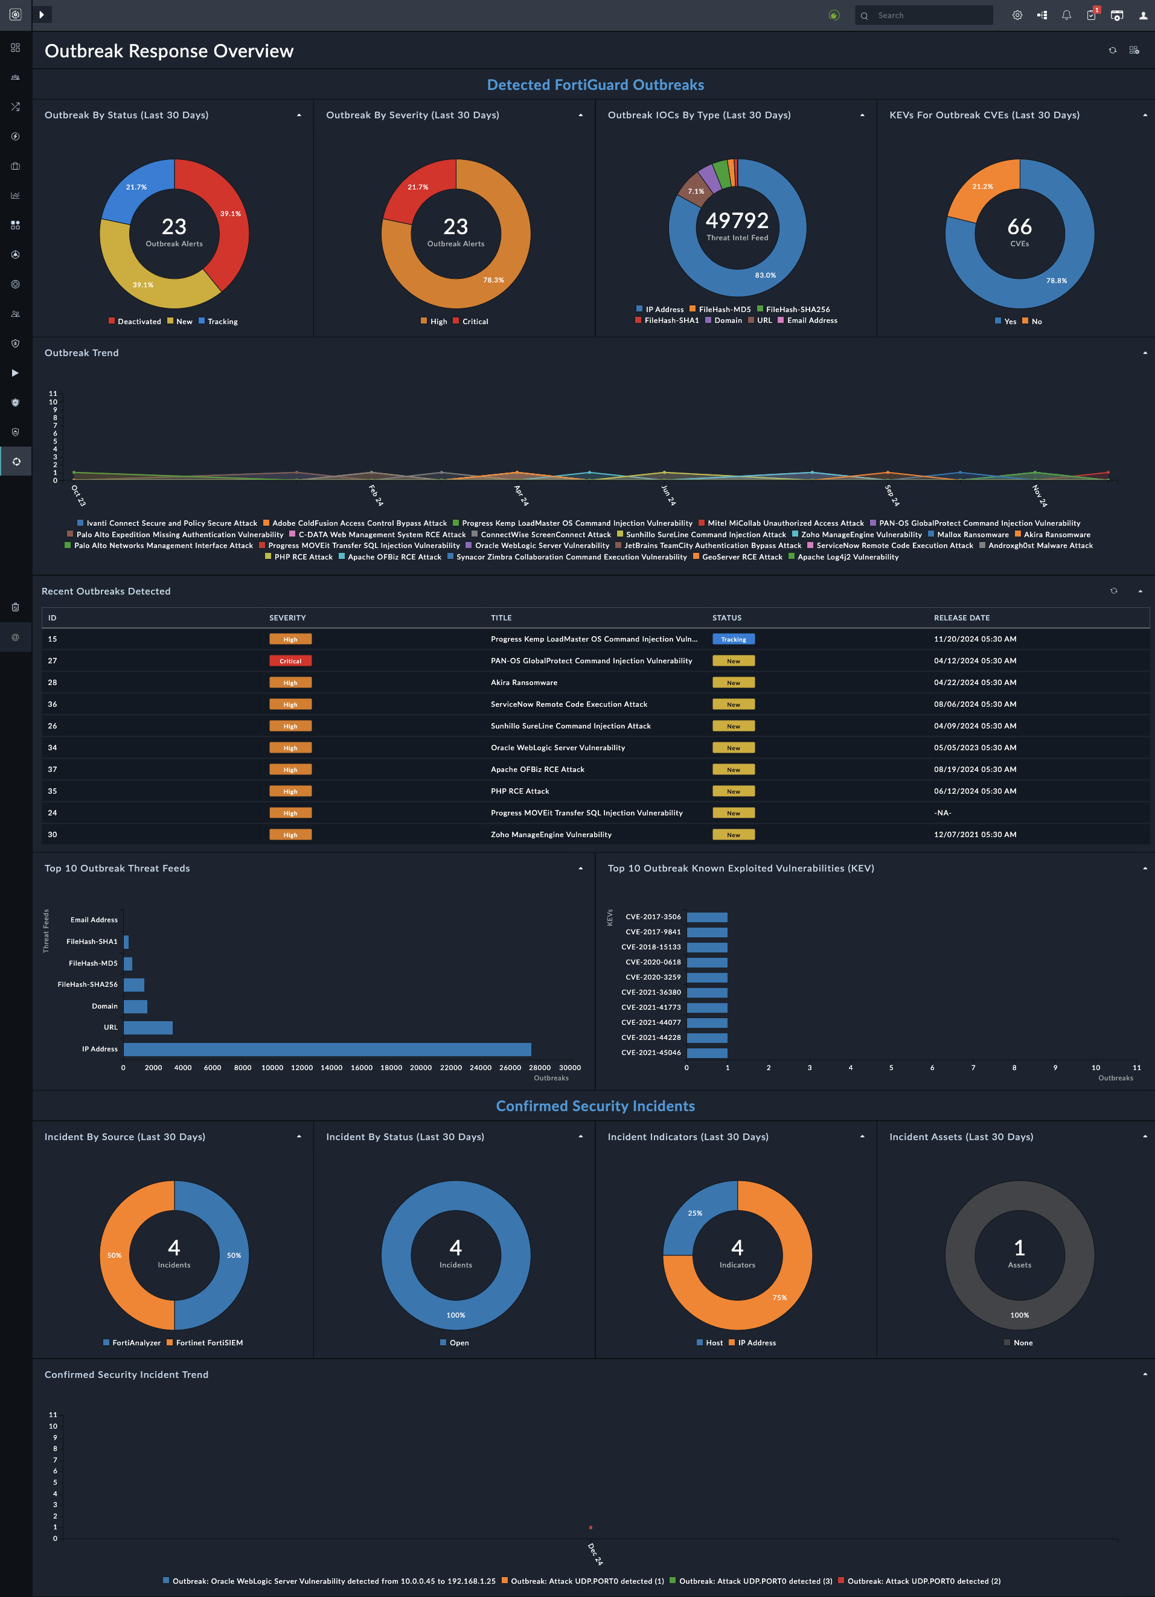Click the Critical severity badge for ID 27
(x=290, y=660)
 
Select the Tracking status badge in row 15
(x=733, y=639)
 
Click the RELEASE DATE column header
(x=961, y=617)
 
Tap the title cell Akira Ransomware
(x=523, y=682)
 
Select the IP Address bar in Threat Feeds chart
(x=327, y=1049)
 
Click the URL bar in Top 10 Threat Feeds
(x=148, y=1027)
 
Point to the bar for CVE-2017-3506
(x=706, y=917)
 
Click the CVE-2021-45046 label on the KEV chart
(x=651, y=1053)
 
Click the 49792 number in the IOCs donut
(x=737, y=220)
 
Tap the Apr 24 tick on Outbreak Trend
(x=520, y=495)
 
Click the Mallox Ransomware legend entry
(x=972, y=535)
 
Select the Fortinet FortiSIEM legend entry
(x=209, y=1343)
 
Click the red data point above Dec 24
(x=590, y=1527)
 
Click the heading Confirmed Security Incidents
(x=595, y=1106)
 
